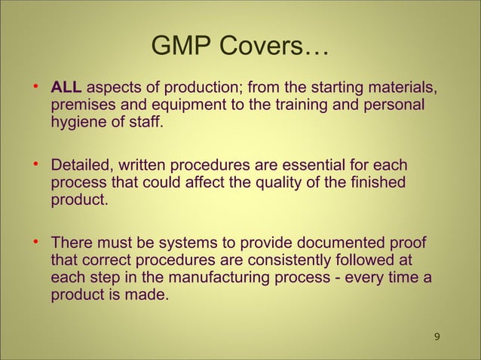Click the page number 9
coord(438,335)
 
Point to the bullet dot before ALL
coord(35,87)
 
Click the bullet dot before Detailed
coord(35,164)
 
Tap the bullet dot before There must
coord(35,242)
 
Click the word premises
coord(81,105)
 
